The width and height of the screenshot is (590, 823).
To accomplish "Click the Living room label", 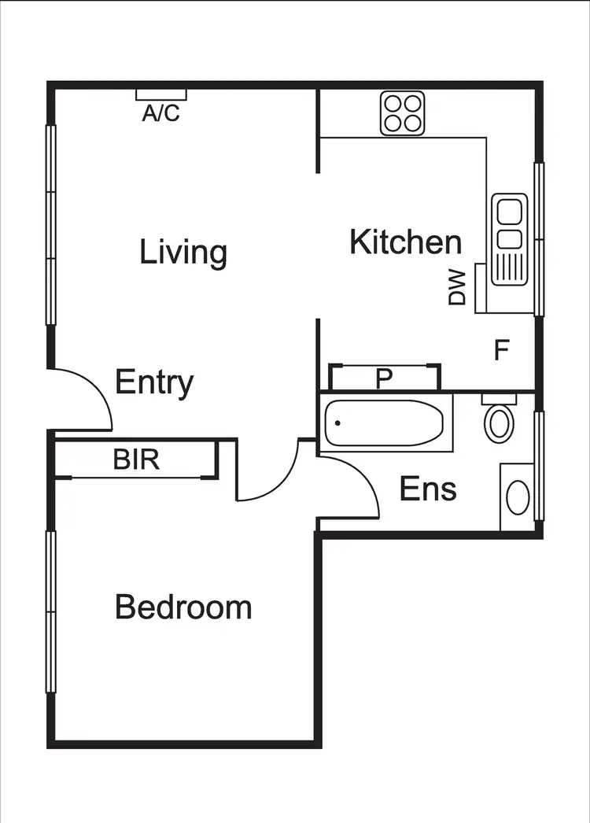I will [x=183, y=253].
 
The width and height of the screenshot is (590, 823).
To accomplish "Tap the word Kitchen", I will [x=405, y=242].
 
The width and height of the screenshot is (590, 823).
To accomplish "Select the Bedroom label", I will [x=183, y=607].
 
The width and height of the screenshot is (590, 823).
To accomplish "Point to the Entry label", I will [x=154, y=382].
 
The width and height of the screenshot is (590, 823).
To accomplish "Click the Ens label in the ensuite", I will [x=428, y=489].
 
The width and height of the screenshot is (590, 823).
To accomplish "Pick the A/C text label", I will [x=160, y=114].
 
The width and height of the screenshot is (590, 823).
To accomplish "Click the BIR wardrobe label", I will [x=136, y=459].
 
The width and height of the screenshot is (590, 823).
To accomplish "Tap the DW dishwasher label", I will [x=457, y=287].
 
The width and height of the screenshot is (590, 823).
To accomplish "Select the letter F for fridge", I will [x=500, y=350].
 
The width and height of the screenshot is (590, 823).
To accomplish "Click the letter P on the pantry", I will [x=383, y=378].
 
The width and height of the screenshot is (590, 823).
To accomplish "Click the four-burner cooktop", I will [x=403, y=113].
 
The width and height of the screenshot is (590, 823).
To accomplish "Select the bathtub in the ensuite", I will [x=385, y=424].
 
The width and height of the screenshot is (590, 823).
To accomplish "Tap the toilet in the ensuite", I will [x=499, y=419].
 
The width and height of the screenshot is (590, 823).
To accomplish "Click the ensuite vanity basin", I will [x=518, y=497].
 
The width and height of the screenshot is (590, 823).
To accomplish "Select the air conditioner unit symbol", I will [x=160, y=94].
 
